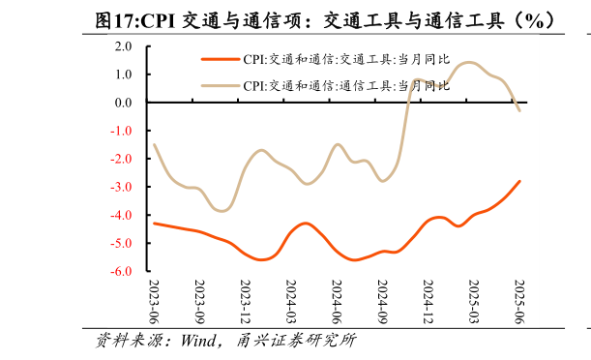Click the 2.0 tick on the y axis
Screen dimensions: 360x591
coord(124,45)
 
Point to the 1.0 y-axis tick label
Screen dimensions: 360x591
coord(124,74)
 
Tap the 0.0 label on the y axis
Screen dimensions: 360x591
coord(124,102)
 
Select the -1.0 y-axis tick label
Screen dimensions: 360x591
coord(122,131)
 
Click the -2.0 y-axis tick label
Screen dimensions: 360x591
coord(122,159)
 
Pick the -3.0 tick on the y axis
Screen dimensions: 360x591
coord(122,187)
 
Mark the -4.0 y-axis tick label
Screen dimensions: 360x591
coord(122,215)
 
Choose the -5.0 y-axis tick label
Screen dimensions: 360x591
coord(122,244)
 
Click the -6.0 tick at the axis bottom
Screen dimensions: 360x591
coord(122,272)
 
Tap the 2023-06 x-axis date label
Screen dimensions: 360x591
coord(155,303)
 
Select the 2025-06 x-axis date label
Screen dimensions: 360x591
coord(518,303)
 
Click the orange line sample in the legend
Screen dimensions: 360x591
coord(220,59)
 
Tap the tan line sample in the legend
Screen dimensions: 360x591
coord(220,85)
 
